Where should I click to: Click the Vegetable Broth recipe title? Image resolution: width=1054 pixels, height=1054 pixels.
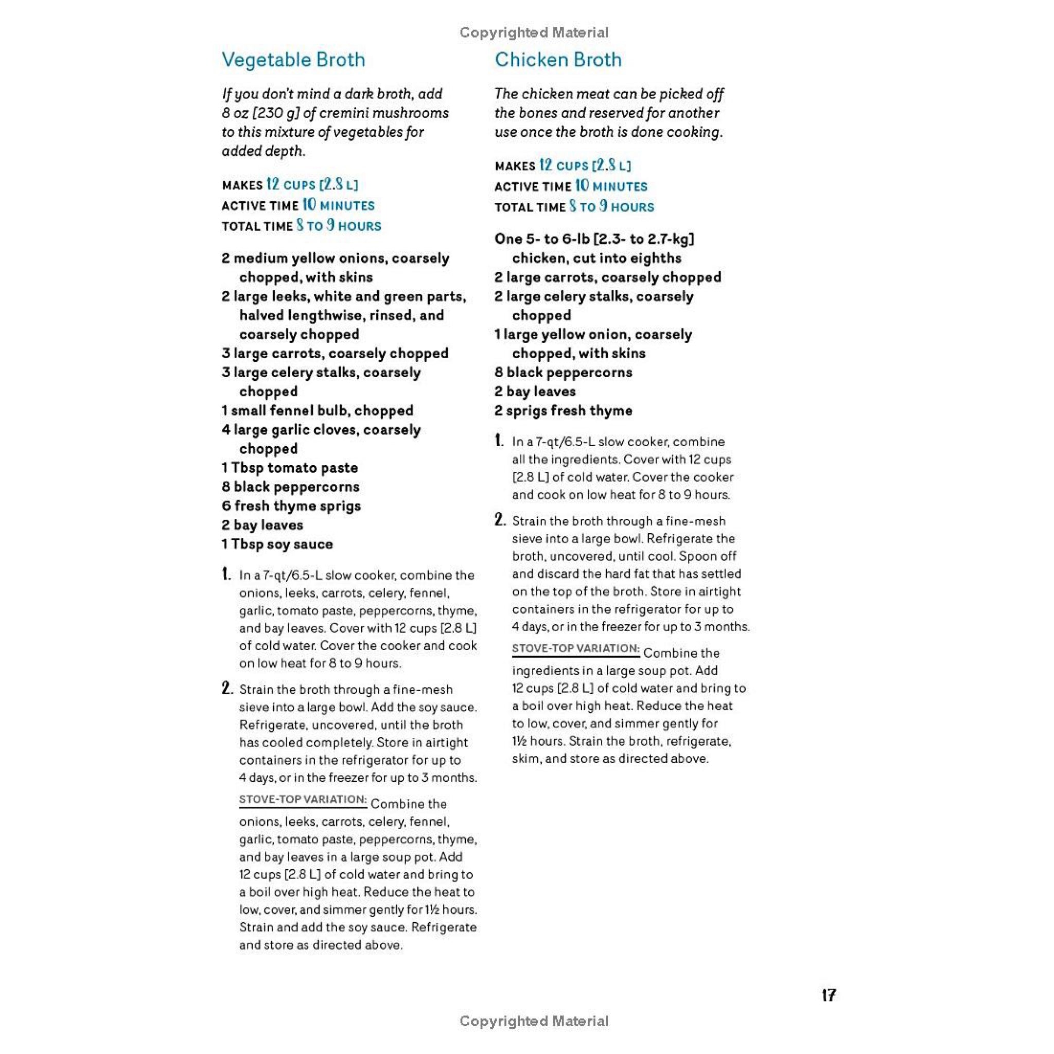click(293, 60)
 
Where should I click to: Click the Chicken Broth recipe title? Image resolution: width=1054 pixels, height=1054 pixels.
click(557, 60)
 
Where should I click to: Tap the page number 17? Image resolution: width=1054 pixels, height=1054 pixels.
click(828, 995)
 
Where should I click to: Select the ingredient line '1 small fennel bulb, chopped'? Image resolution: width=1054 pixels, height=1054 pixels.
click(317, 410)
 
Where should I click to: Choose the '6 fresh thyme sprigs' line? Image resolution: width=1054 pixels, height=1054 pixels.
click(291, 506)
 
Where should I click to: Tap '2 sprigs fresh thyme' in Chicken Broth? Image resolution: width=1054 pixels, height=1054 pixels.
click(563, 410)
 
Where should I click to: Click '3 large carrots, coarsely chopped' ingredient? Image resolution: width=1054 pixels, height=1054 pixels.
click(335, 353)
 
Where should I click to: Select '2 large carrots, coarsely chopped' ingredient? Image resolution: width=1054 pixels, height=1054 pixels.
click(607, 277)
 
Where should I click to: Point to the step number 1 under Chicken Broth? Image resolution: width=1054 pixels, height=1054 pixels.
click(499, 441)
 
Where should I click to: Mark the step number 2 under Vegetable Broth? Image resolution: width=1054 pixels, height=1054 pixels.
click(227, 689)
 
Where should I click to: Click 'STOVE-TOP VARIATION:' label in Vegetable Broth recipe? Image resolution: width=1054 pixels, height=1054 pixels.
click(303, 800)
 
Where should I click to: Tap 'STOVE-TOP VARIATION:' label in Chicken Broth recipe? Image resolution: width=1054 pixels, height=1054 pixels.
click(575, 648)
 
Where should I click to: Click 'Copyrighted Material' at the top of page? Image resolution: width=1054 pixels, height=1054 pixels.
click(534, 33)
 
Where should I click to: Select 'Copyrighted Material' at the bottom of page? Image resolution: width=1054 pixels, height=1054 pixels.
click(534, 1021)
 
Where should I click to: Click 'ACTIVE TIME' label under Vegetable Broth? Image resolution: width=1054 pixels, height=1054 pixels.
click(260, 206)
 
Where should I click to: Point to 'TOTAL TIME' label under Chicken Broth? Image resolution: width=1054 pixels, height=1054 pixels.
click(530, 207)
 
